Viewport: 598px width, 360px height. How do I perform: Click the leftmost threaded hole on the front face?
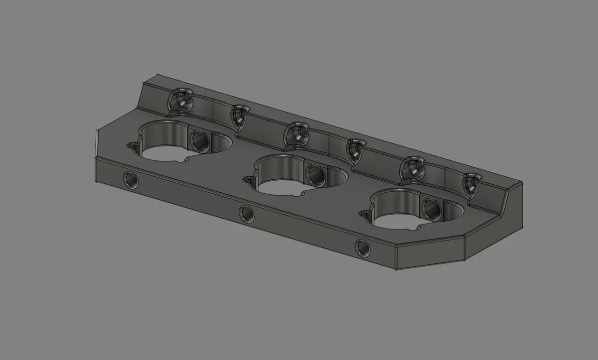pyautogui.click(x=131, y=179)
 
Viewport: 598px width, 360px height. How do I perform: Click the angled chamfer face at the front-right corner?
pyautogui.click(x=431, y=253)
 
